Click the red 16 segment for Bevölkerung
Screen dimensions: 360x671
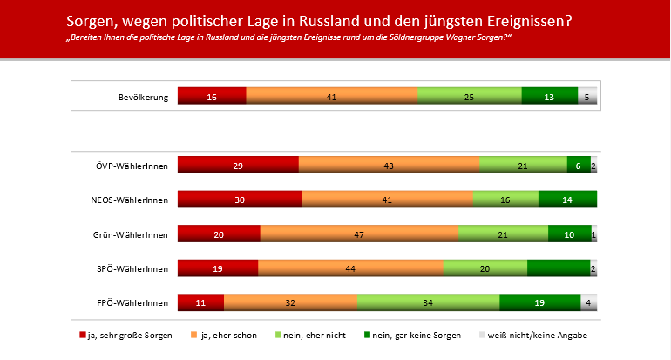click(212, 97)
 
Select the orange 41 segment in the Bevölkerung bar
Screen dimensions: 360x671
click(331, 97)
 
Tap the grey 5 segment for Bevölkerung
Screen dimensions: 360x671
click(587, 97)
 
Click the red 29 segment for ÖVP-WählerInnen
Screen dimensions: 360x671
click(238, 166)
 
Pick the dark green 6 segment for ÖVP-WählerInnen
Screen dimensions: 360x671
click(579, 166)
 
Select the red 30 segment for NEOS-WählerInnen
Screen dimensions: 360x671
click(240, 200)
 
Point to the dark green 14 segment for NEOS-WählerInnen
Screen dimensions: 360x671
click(567, 200)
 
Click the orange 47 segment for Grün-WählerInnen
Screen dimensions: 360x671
click(359, 234)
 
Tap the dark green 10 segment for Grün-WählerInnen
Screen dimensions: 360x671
click(570, 234)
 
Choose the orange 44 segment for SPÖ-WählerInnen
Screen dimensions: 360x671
click(350, 268)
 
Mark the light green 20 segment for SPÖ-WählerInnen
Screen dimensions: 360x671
click(485, 268)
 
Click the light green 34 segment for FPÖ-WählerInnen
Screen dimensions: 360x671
click(428, 302)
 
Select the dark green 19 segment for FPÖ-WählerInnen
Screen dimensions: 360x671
click(540, 302)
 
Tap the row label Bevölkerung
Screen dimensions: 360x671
click(142, 97)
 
